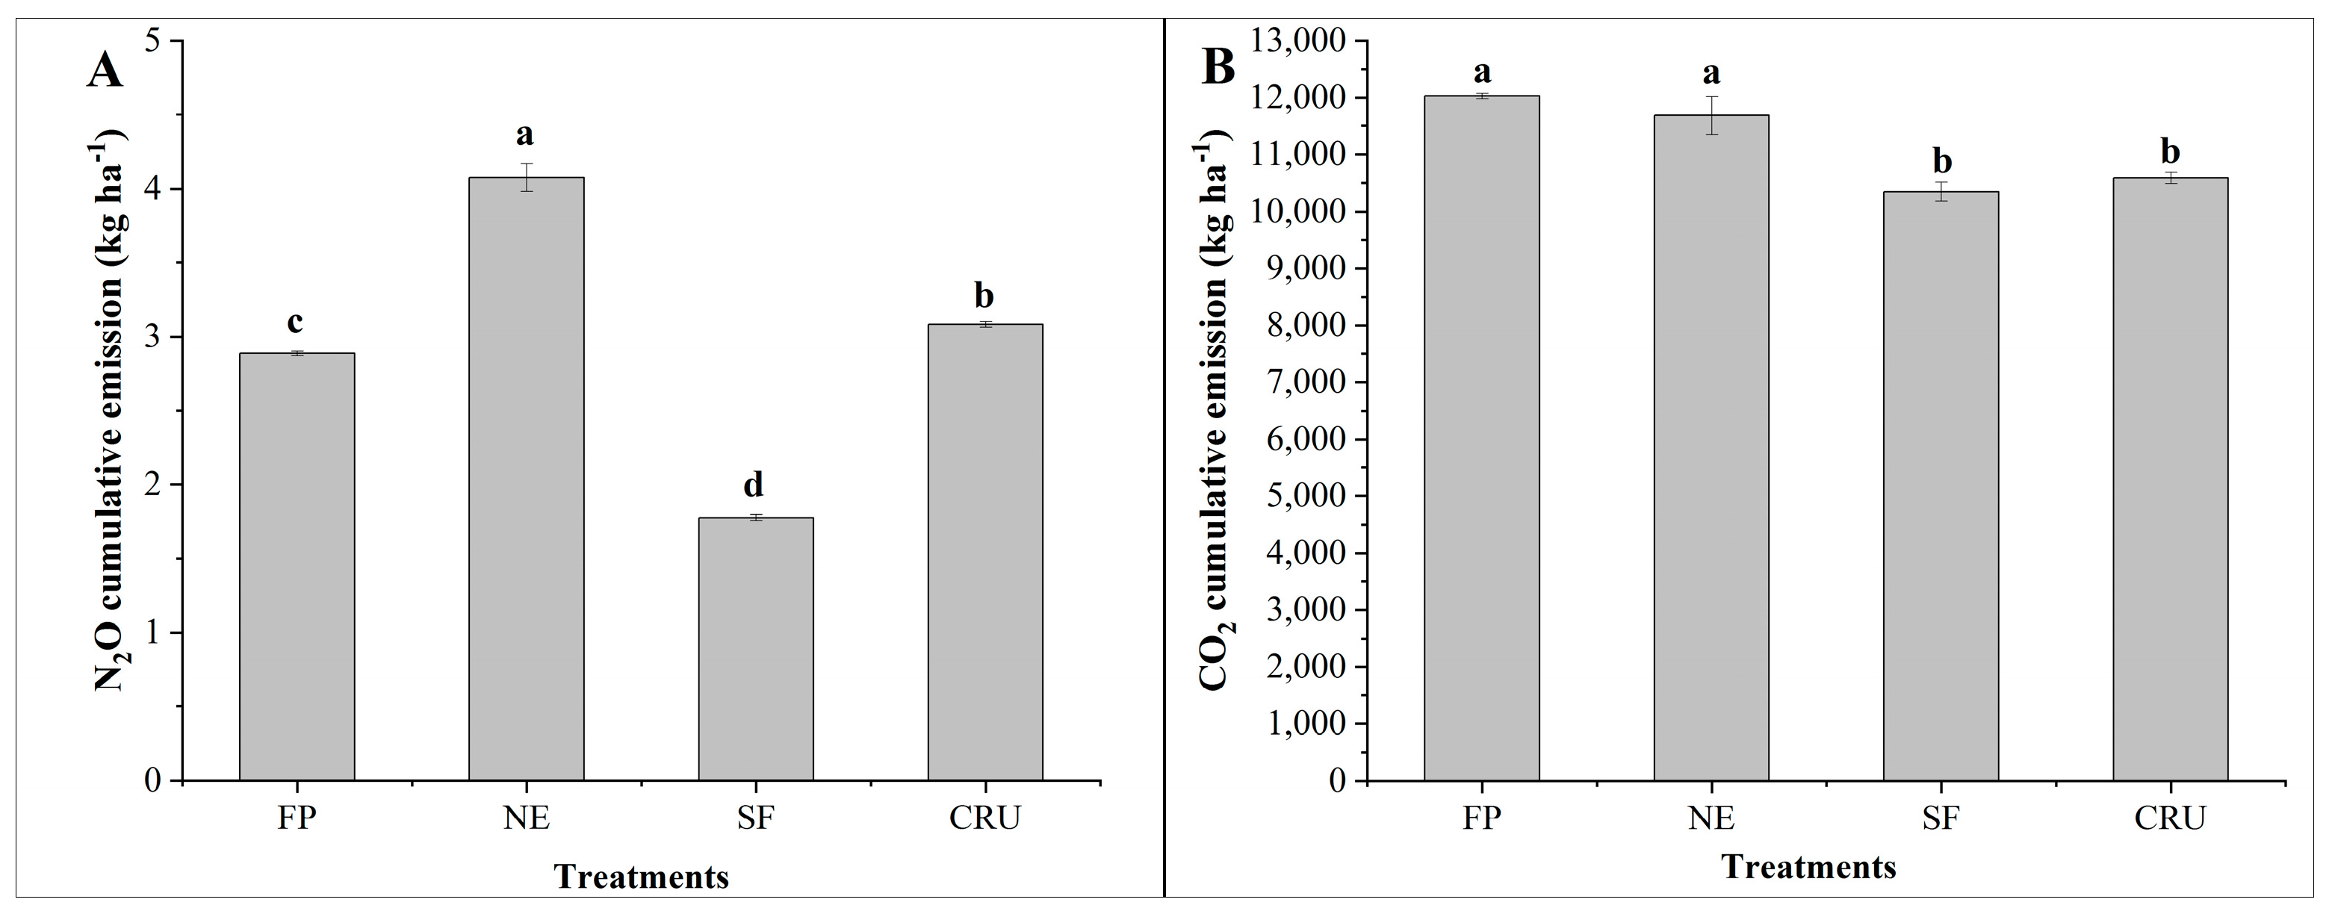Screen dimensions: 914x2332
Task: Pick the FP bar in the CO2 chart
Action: point(1481,438)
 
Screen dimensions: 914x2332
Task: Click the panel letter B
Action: point(1218,67)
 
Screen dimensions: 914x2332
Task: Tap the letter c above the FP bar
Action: point(295,321)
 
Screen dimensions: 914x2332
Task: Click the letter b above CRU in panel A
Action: point(984,295)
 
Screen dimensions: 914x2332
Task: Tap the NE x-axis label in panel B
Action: point(1711,818)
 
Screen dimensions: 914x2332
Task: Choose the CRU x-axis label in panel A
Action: point(985,818)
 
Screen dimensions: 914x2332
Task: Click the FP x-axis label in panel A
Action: point(296,818)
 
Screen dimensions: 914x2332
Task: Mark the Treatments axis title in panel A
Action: point(641,877)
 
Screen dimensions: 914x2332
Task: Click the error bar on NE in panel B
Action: point(1711,115)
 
